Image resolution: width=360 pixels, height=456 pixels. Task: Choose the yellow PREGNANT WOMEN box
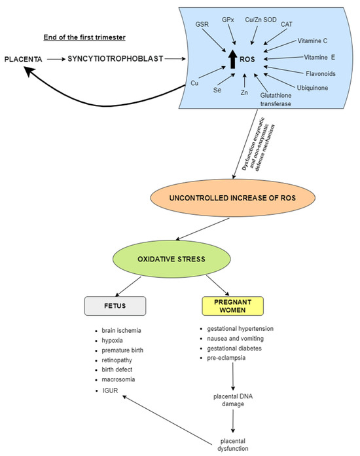[232, 306]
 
